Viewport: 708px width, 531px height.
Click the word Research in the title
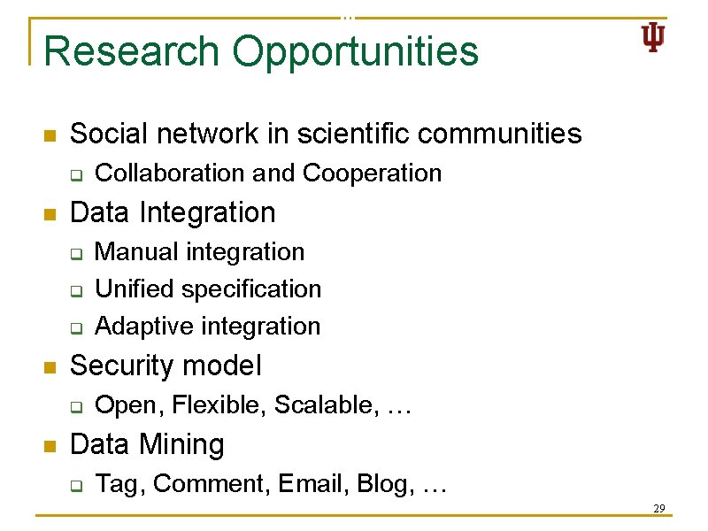pyautogui.click(x=132, y=51)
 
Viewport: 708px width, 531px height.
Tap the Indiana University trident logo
pyautogui.click(x=653, y=38)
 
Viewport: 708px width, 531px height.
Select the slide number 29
pyautogui.click(x=658, y=508)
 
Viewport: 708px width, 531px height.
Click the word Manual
pyautogui.click(x=135, y=252)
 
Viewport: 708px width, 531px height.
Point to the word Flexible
pyautogui.click(x=219, y=405)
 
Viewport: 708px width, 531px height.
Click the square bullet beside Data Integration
pyautogui.click(x=50, y=214)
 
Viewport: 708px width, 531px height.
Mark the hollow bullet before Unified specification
pyautogui.click(x=76, y=290)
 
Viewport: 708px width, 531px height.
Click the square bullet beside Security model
pyautogui.click(x=50, y=367)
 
